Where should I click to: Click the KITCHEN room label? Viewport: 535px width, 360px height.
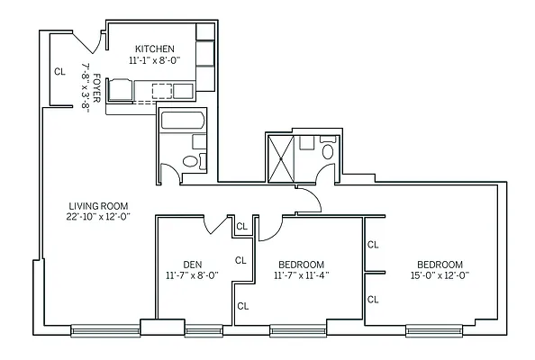pos(155,48)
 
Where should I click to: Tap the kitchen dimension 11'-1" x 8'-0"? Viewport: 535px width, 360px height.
pos(155,60)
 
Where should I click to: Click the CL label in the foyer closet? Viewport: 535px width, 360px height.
pos(59,70)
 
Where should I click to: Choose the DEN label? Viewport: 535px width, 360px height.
pos(192,264)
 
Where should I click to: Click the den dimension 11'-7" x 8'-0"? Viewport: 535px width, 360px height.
pos(192,276)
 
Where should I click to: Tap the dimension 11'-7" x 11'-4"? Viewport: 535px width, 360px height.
pos(302,276)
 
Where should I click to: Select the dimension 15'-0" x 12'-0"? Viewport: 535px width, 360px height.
pos(439,276)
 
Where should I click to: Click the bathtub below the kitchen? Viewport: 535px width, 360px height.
pos(184,120)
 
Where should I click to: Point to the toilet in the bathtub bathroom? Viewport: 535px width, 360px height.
pos(191,161)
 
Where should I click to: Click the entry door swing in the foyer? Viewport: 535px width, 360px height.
pos(87,41)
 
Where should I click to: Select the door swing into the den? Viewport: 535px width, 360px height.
pos(216,225)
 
